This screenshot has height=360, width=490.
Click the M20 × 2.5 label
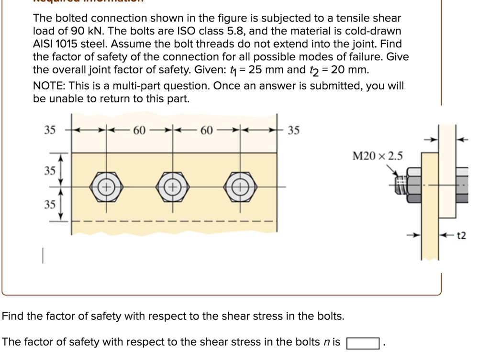(x=378, y=156)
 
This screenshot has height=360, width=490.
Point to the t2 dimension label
(x=462, y=236)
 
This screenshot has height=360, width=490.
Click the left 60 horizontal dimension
(x=139, y=130)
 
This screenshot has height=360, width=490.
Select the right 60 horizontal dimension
(x=206, y=130)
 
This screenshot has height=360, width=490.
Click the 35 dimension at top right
(x=294, y=130)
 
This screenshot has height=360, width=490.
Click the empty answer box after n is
(x=363, y=343)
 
